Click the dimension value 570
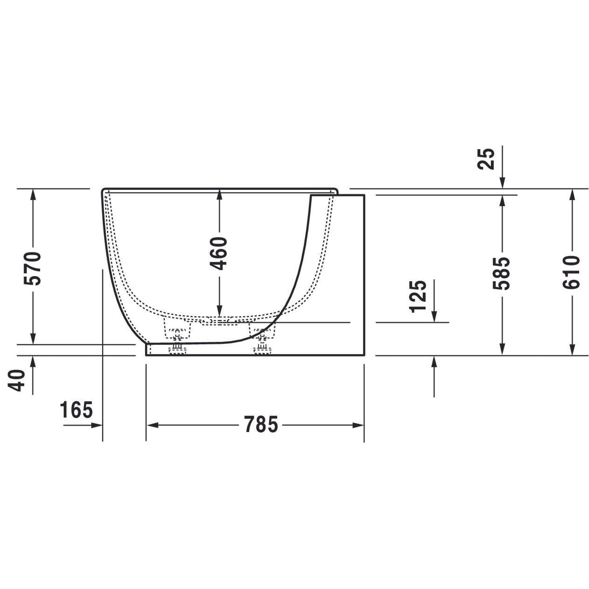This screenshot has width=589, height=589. click(33, 269)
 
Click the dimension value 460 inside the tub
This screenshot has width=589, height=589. click(219, 254)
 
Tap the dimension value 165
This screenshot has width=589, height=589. click(76, 410)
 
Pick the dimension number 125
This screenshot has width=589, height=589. click(418, 297)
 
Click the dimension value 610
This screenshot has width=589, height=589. click(571, 272)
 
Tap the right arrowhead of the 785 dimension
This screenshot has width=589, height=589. click(358, 425)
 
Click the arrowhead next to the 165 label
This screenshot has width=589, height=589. click(97, 425)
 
